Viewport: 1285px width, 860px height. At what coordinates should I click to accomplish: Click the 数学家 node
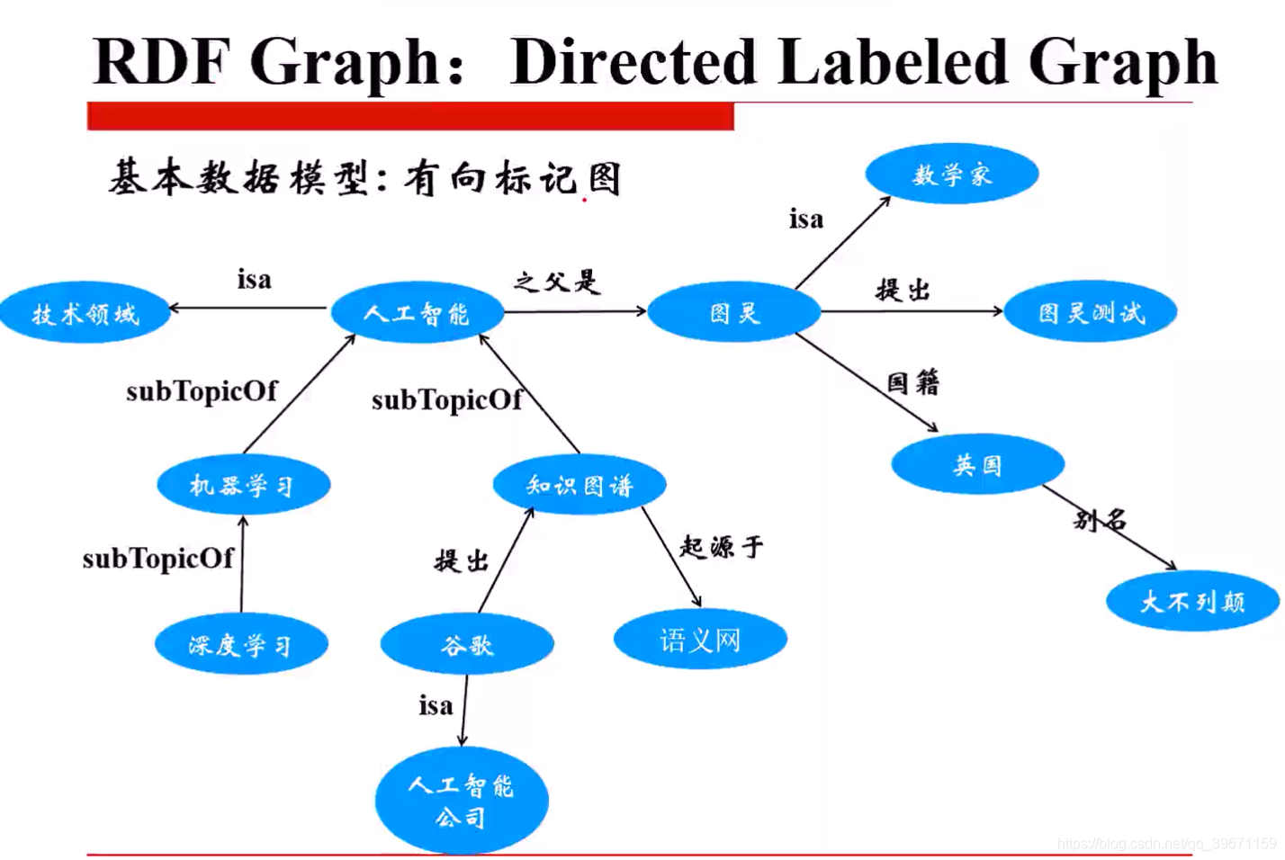point(951,174)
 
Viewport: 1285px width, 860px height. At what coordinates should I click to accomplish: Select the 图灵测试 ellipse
point(1090,312)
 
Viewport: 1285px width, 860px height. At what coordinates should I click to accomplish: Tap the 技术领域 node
point(85,314)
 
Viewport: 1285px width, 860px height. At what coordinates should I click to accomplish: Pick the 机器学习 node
point(243,486)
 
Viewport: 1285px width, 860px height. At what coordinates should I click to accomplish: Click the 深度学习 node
point(240,644)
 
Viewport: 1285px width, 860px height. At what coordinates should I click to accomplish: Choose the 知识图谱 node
point(580,486)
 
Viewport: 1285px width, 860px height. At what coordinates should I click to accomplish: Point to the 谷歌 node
point(466,644)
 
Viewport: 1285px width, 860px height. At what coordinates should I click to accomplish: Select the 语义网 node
point(699,640)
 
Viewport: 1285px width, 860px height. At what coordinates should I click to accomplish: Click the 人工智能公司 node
point(461,801)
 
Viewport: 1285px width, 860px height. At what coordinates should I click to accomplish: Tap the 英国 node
point(977,464)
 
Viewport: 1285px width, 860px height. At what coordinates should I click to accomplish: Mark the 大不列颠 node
point(1192,601)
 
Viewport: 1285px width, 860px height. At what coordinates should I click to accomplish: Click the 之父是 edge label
point(556,282)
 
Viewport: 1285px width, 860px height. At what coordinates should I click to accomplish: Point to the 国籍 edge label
point(912,383)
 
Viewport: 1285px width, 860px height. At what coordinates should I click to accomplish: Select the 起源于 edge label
point(721,546)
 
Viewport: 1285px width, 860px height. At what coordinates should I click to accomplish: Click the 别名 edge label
point(1100,519)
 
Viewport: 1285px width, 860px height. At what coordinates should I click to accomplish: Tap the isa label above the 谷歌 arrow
point(436,705)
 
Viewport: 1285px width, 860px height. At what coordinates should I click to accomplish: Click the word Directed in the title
point(633,62)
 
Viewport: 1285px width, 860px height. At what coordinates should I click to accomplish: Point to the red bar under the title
point(410,117)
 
